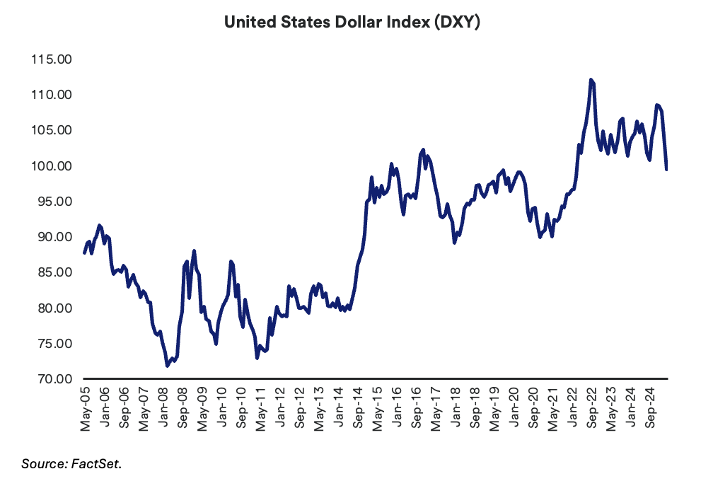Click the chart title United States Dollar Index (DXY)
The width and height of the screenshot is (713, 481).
[353, 22]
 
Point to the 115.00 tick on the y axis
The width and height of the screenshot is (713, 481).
[52, 59]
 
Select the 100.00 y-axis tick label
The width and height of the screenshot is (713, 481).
[52, 166]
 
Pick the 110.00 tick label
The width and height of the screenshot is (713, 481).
[52, 94]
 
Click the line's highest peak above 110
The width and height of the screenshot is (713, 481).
[591, 80]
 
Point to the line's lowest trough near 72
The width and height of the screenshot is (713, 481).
[167, 366]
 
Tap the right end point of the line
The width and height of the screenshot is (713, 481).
[667, 170]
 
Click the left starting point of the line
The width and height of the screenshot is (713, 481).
[84, 253]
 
